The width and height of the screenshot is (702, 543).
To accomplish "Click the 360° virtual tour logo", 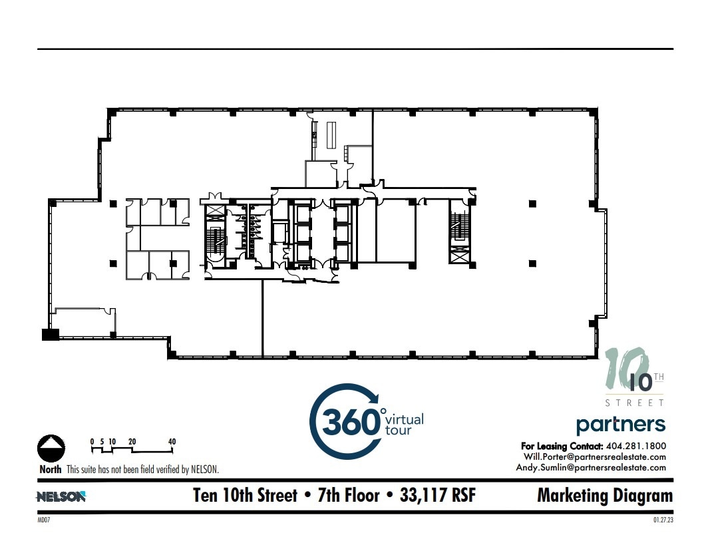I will pos(365,422).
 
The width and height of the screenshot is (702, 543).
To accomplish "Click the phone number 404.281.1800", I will pos(636,446).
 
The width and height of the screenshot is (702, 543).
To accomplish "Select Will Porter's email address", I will pos(595,456).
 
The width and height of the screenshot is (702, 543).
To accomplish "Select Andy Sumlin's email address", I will pos(591,467).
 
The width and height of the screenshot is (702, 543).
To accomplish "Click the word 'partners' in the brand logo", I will pos(620,424).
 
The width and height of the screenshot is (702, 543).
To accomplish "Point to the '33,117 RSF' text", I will pos(437,496).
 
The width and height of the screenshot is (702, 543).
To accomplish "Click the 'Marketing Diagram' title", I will pos(604,496).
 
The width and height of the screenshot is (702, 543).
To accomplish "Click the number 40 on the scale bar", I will pos(172,442).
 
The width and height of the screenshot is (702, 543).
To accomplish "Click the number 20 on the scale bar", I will pos(132,442).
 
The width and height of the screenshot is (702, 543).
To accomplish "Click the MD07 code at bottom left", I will pos(44,520).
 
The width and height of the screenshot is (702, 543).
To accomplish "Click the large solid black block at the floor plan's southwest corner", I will pos(51,335).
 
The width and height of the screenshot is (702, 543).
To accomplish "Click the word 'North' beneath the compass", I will pos(51,469).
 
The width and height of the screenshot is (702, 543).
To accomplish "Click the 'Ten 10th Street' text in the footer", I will pos(245,496).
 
